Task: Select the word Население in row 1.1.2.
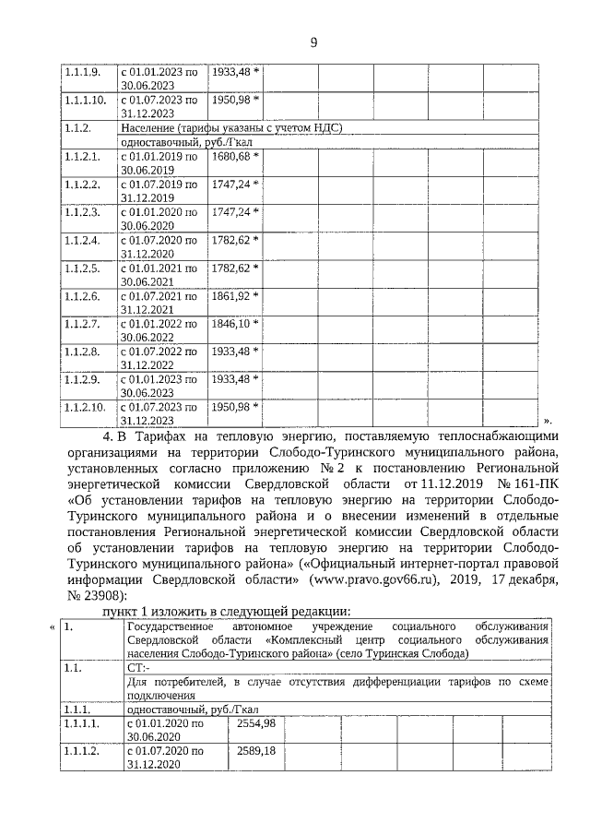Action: click(x=150, y=127)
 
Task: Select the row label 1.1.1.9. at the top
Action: click(x=83, y=71)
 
